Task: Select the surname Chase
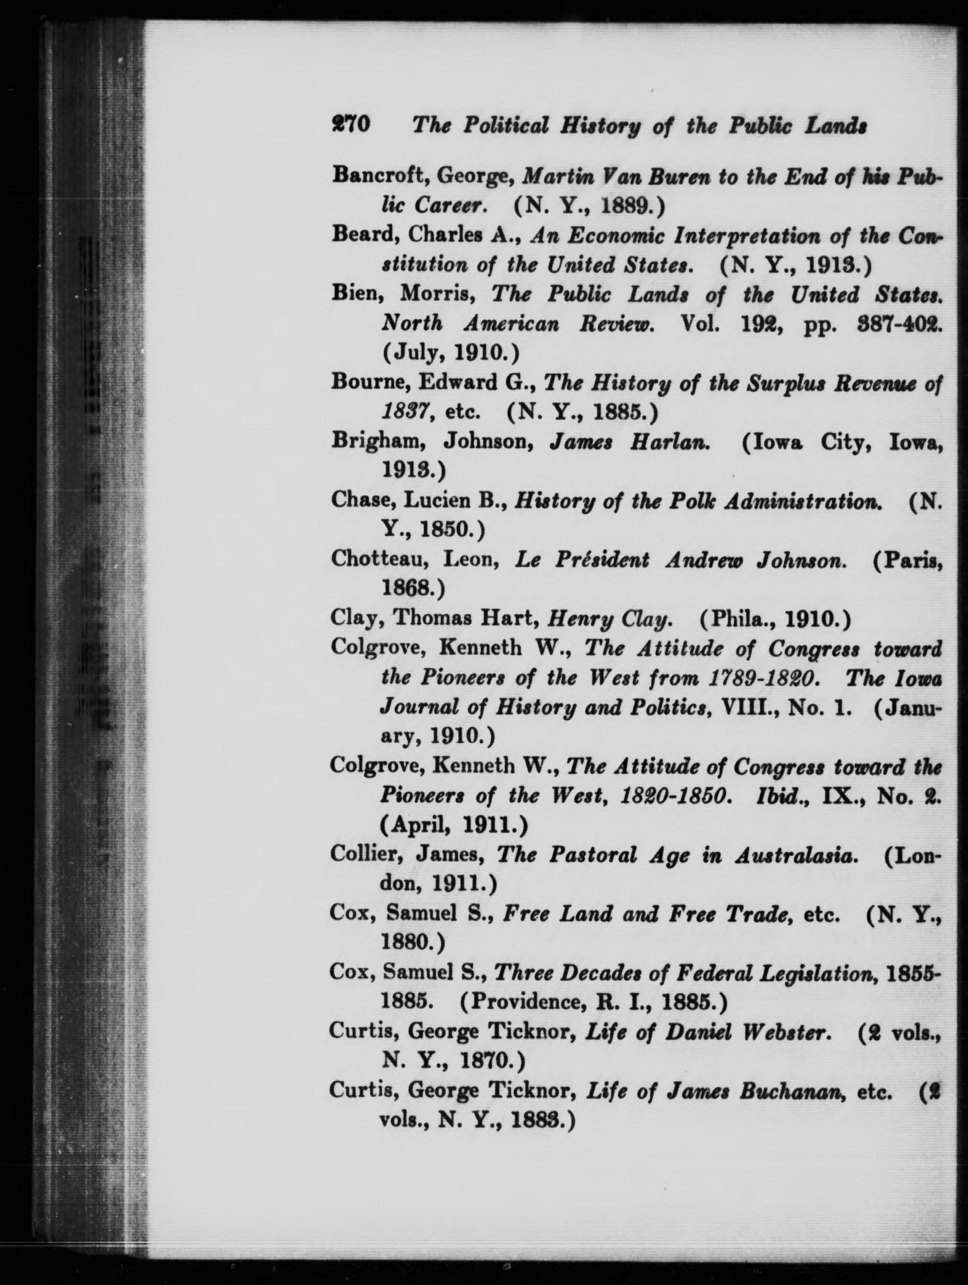[x=359, y=501]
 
